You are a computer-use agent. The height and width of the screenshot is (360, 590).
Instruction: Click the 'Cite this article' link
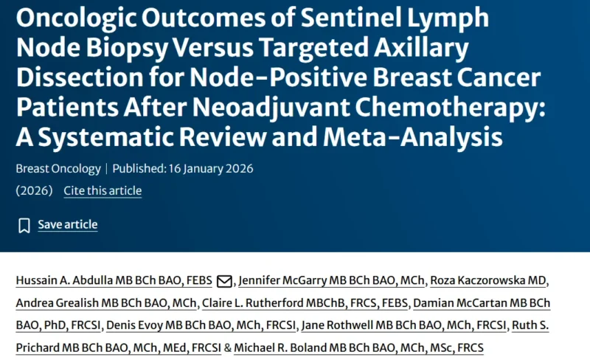103,190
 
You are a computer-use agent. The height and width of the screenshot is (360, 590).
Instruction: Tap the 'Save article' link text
67,224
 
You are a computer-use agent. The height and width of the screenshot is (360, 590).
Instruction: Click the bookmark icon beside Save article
24,225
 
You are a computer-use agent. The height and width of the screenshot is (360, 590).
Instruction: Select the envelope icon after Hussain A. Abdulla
224,281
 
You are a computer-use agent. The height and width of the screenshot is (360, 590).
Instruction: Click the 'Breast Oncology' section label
58,168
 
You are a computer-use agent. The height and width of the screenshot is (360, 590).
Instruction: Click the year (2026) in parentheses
34,190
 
